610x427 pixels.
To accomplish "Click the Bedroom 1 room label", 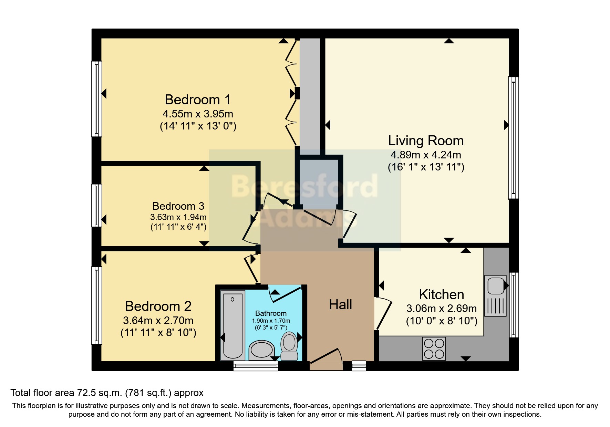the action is [x=198, y=100].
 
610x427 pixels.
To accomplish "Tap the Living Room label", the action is [x=426, y=141].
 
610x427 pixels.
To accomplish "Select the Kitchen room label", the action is [x=442, y=295].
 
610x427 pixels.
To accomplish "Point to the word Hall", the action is [x=340, y=305].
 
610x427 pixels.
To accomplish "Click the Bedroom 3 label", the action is [x=178, y=206].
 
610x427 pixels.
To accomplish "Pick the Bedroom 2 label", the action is [x=158, y=306].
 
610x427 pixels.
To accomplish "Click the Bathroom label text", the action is [x=271, y=313].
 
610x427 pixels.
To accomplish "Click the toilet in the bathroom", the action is [x=289, y=346].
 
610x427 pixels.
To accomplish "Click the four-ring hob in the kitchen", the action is [x=434, y=348].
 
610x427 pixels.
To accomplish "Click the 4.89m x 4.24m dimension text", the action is [x=426, y=155].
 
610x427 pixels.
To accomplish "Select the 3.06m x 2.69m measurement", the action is [x=442, y=309].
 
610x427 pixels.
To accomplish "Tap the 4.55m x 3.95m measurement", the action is [x=198, y=114].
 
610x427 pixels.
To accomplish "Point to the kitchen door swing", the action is [x=383, y=314].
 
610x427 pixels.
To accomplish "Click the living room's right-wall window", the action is [x=514, y=138].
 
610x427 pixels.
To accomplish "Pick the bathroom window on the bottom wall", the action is [x=256, y=366].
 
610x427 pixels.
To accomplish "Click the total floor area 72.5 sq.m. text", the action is [x=107, y=393].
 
